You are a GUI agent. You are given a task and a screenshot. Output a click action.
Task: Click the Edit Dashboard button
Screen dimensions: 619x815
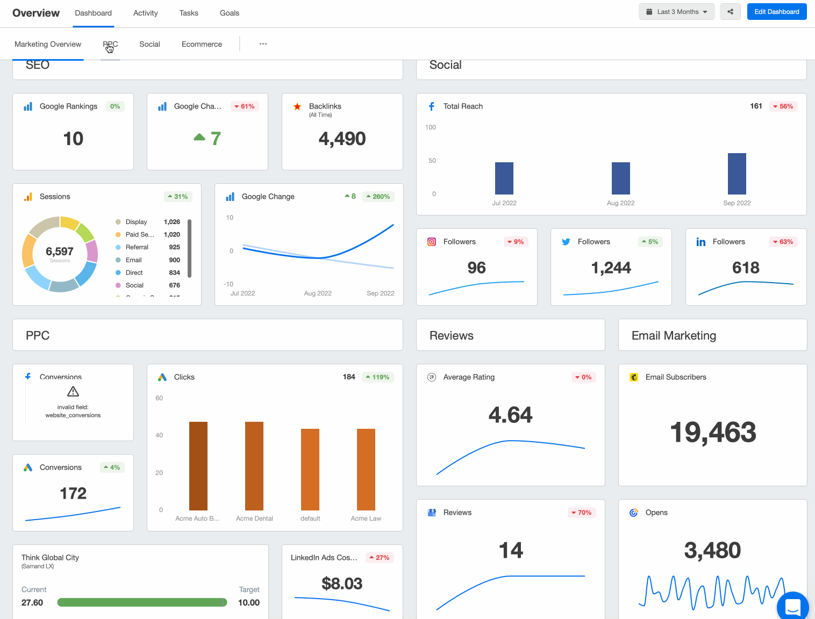point(776,12)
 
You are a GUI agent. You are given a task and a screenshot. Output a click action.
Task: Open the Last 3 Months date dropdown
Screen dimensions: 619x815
point(676,12)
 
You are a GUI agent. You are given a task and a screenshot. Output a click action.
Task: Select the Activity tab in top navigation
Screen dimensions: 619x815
point(145,13)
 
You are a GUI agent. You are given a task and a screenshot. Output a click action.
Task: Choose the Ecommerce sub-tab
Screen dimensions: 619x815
point(202,44)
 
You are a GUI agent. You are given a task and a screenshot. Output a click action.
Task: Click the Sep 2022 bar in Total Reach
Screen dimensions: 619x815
point(737,174)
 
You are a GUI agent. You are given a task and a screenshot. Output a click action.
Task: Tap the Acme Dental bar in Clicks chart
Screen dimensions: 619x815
point(254,465)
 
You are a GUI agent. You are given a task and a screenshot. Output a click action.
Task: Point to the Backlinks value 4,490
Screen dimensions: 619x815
point(342,139)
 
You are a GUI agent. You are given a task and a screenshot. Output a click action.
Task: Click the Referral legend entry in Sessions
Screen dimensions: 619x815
point(137,247)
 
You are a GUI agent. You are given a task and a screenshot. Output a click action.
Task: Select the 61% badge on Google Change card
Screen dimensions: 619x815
point(245,106)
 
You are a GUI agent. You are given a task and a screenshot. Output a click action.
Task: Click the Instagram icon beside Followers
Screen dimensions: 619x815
point(432,242)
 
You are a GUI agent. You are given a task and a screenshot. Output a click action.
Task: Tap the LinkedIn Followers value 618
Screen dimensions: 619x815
point(746,268)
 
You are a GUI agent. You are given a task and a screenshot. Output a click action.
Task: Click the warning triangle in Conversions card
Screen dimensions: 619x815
point(73,392)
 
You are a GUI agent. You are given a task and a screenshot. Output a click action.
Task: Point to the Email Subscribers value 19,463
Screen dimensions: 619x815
point(713,433)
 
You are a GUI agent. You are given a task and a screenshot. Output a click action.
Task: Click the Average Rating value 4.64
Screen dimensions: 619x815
point(510,415)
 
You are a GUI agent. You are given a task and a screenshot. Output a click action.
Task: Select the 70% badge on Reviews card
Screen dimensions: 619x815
point(581,513)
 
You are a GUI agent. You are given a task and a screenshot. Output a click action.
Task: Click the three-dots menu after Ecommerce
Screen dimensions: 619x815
point(263,44)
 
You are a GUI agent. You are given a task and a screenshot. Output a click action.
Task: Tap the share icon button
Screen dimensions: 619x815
point(730,12)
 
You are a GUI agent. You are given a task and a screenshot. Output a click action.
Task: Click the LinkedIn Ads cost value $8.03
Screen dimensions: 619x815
point(342,584)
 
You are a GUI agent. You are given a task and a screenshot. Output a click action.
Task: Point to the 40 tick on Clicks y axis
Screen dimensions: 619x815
point(159,435)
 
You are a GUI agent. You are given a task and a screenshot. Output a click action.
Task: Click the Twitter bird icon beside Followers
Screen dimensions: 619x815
point(566,242)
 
